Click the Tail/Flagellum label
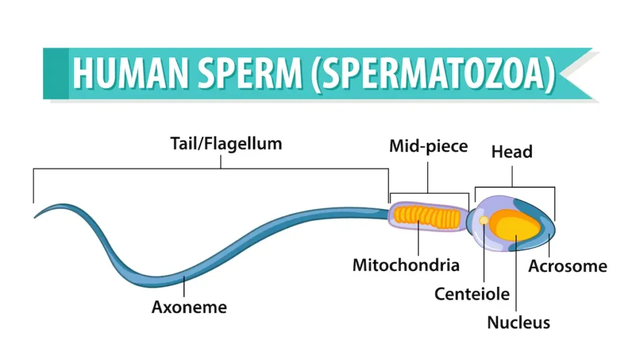point(226,144)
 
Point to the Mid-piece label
point(428,146)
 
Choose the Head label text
point(512,151)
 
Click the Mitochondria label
point(406,265)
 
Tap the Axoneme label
point(189,307)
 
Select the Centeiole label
point(472,294)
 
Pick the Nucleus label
point(518,322)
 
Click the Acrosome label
point(567,266)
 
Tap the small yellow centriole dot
point(484,220)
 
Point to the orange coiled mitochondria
point(429,215)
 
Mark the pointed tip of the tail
point(35,217)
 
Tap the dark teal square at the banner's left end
point(55,73)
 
